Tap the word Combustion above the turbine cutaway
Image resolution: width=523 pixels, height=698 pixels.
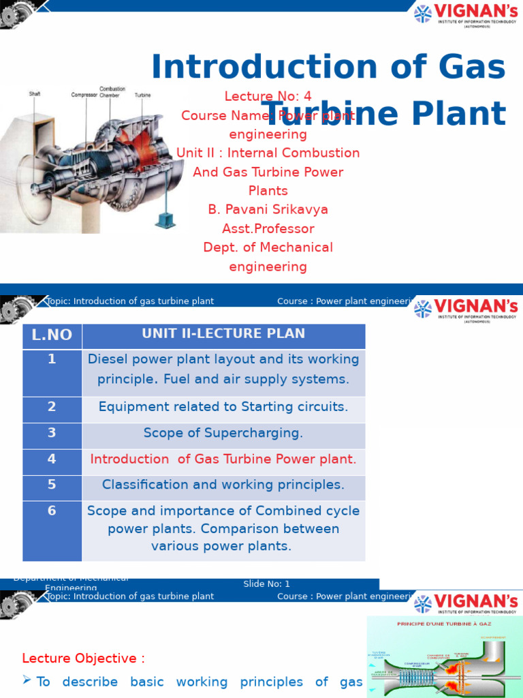coord(112,89)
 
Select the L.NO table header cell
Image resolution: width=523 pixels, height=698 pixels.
coord(52,335)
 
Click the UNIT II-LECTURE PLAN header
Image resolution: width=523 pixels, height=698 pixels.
coord(223,334)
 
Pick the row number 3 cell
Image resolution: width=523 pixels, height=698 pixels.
coord(52,433)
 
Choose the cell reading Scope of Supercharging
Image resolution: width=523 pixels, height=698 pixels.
coord(223,434)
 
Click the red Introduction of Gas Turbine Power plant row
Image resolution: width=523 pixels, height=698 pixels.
coord(223,459)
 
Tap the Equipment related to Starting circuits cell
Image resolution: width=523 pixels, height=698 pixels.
coord(223,407)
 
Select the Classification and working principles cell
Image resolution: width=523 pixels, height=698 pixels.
coord(223,485)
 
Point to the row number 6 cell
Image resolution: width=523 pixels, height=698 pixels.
coord(52,511)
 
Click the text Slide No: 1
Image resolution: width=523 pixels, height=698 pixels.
coord(267,584)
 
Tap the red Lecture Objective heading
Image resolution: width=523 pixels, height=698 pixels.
coord(83,658)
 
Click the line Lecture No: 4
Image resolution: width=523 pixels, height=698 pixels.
coord(268,96)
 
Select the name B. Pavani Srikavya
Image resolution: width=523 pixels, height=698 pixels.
coord(268,210)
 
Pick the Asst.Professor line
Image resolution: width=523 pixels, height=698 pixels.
coord(268,229)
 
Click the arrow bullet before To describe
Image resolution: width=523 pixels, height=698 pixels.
coord(27,681)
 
